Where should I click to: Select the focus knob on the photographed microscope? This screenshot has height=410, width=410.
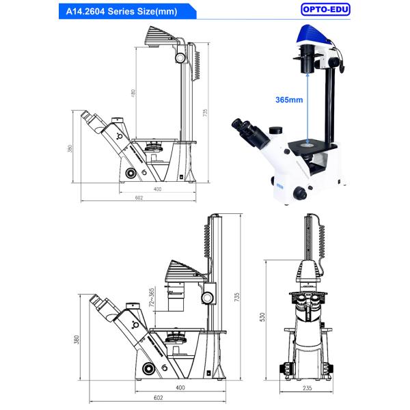tap(301, 193)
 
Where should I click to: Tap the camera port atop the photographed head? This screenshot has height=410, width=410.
tap(275, 130)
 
